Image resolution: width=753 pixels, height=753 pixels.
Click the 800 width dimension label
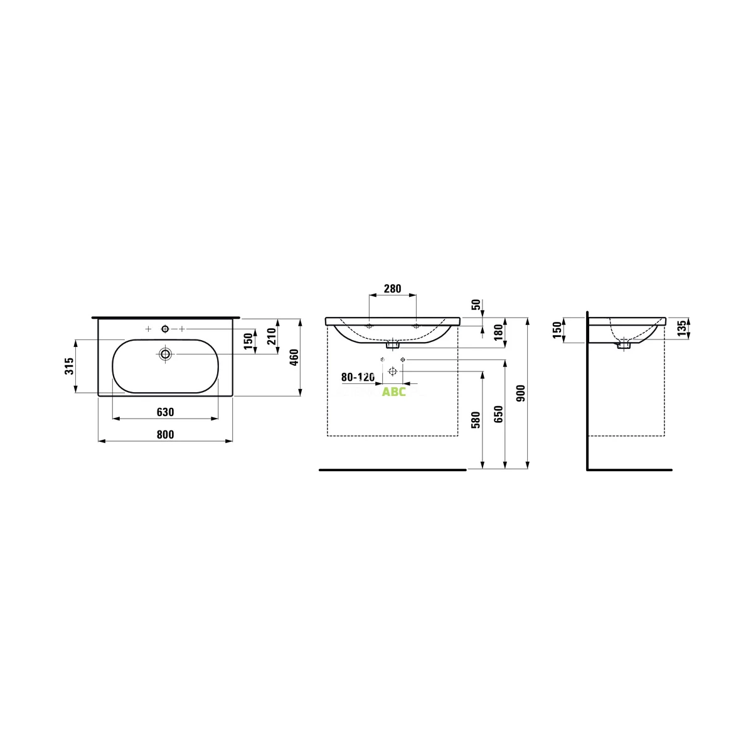pyautogui.click(x=165, y=435)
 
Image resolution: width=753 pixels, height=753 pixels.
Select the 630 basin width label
pyautogui.click(x=165, y=412)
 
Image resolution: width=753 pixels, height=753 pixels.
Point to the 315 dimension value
pyautogui.click(x=70, y=366)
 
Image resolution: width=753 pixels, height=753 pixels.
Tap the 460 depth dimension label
pyautogui.click(x=294, y=358)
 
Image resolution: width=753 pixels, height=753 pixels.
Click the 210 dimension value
pyautogui.click(x=272, y=336)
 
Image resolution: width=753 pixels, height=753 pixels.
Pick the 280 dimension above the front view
pyautogui.click(x=392, y=289)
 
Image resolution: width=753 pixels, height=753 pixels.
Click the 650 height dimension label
pyautogui.click(x=498, y=414)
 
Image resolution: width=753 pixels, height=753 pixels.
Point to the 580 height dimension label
pyautogui.click(x=476, y=420)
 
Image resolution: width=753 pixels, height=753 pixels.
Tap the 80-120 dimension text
pyautogui.click(x=358, y=377)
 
